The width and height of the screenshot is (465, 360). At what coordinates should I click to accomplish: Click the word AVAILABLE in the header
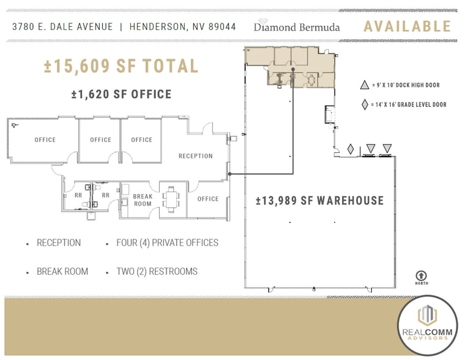(407, 26)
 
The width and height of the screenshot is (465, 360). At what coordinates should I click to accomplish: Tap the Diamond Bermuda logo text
(297, 27)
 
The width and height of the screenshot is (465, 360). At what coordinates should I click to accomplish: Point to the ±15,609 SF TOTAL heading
(121, 66)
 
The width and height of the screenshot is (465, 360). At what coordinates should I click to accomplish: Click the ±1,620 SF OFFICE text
(121, 94)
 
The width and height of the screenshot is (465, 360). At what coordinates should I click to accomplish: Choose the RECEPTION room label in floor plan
(195, 156)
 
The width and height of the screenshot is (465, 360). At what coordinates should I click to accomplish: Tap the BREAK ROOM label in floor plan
(143, 200)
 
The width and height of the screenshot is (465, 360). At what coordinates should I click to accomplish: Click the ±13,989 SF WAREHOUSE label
(320, 201)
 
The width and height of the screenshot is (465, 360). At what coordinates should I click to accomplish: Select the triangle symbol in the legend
(365, 86)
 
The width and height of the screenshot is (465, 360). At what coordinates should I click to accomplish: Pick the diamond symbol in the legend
(365, 105)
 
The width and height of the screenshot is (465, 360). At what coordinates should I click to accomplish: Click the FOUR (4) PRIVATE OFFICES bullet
(167, 243)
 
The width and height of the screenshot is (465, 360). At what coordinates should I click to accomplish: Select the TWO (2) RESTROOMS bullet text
(157, 271)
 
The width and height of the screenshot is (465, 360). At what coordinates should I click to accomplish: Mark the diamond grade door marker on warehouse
(351, 149)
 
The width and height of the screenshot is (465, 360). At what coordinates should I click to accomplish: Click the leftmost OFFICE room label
(45, 140)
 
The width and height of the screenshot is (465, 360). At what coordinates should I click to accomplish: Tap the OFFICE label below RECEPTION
(208, 199)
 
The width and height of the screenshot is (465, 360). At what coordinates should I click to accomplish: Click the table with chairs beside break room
(173, 198)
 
